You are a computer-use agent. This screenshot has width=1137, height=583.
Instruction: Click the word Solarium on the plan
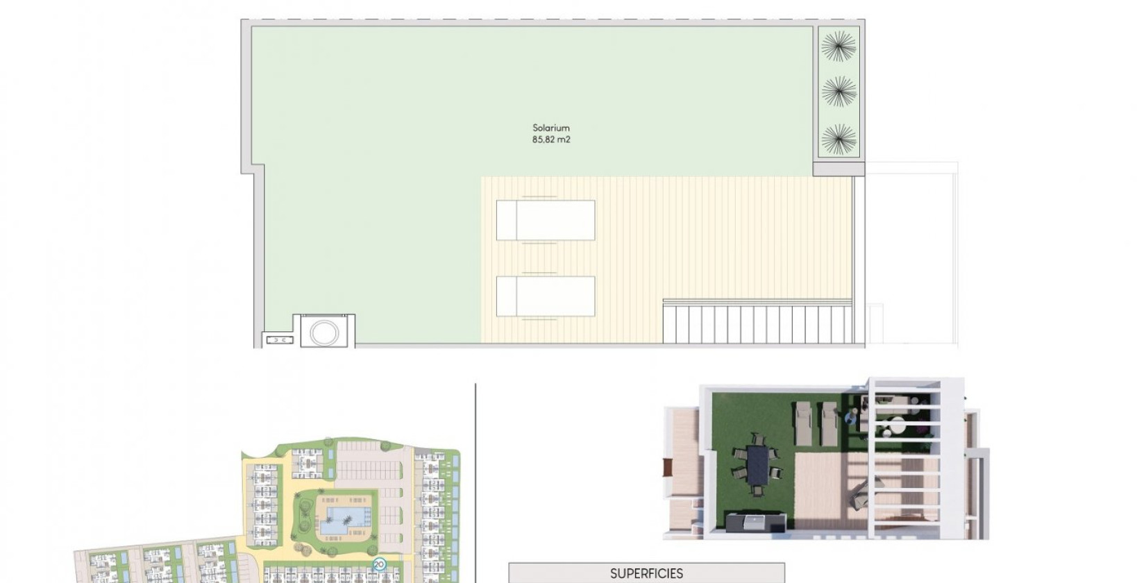[551, 128]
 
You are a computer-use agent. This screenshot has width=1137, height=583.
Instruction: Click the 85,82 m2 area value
[551, 140]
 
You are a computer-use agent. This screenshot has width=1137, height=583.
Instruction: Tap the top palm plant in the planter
[839, 47]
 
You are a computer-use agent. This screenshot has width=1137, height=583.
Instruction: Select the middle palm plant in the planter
[839, 91]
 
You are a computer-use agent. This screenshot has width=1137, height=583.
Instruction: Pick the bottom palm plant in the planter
[839, 139]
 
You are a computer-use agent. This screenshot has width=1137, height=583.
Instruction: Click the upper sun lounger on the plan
[546, 221]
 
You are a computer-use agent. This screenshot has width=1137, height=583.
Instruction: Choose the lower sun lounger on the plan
[546, 296]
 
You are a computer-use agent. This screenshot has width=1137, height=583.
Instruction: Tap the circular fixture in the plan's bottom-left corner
[323, 332]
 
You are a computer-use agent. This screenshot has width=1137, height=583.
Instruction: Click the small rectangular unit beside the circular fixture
[279, 340]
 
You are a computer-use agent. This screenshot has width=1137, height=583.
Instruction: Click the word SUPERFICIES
[646, 573]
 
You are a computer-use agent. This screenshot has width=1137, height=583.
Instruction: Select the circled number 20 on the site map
[379, 564]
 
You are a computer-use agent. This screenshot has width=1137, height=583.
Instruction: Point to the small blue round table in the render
[851, 419]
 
